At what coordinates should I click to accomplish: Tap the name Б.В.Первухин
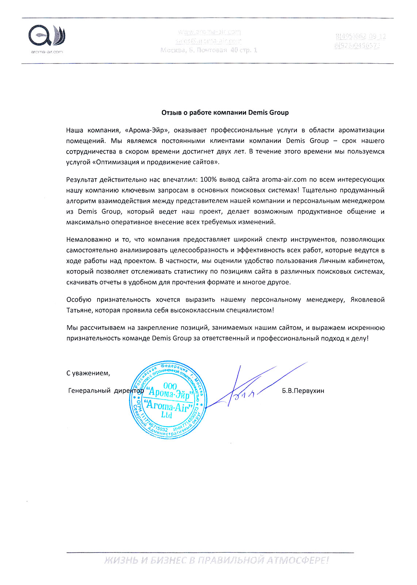click(303, 391)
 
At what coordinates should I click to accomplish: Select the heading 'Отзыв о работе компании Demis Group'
click(225, 113)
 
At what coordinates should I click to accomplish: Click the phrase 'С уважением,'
click(88, 373)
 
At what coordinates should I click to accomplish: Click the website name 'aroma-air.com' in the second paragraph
click(284, 180)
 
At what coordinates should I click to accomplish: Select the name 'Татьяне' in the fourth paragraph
click(79, 310)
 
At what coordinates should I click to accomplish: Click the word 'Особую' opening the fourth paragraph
click(79, 300)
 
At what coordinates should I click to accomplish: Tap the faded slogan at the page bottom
click(216, 560)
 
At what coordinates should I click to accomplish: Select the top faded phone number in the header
click(360, 37)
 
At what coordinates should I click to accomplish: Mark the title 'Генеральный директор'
click(106, 391)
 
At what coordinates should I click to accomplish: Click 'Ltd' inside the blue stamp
click(167, 415)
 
